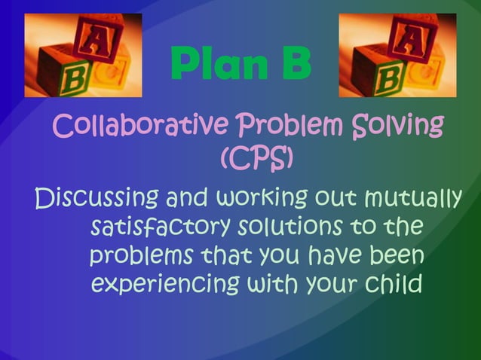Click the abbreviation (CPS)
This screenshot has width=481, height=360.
(256, 157)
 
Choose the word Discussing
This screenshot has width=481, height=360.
(97, 199)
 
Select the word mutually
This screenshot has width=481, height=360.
(411, 199)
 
